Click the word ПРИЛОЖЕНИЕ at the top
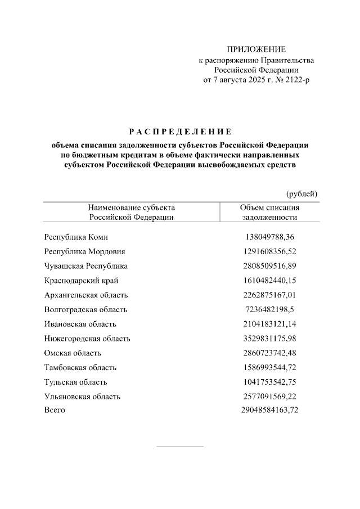[256, 49]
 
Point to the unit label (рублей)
[301, 193]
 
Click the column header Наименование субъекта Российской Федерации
[131, 212]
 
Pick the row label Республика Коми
[75, 237]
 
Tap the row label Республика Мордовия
[84, 251]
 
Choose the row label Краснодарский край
[81, 280]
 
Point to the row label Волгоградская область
[85, 309]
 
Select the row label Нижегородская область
[87, 339]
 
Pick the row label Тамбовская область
[80, 367]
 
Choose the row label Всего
[55, 410]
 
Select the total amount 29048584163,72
[269, 410]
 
